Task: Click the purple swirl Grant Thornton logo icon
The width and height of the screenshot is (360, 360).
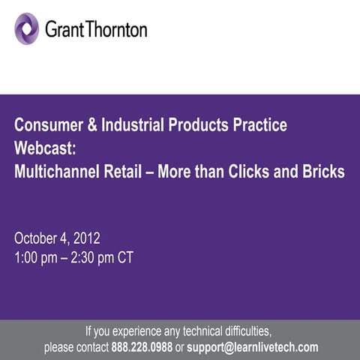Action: [x=27, y=28]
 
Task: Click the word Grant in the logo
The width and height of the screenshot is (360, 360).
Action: [x=64, y=30]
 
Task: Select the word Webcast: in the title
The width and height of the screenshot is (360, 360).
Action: [x=43, y=147]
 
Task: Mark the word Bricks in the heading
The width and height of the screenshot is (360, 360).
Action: [x=323, y=171]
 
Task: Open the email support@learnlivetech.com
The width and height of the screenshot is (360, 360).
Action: [x=253, y=347]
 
